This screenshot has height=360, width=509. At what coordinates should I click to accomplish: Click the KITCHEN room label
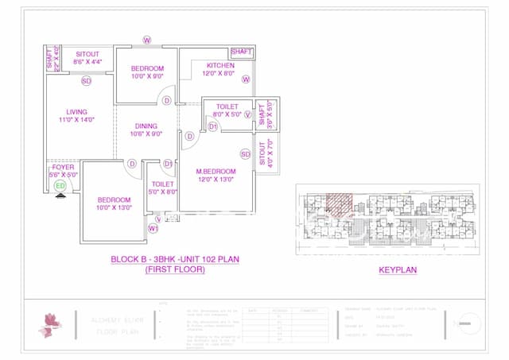coord(220,65)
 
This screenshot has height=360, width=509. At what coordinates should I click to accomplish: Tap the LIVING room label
coord(77,112)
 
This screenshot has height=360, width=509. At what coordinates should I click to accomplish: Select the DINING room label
coord(146,126)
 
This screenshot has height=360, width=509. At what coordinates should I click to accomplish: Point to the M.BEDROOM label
coord(216,172)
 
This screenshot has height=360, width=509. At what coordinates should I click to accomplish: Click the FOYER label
coord(64,168)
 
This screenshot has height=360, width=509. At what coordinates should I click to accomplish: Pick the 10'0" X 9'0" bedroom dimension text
coord(147,77)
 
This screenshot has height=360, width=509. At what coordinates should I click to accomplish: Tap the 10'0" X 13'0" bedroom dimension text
coord(115,208)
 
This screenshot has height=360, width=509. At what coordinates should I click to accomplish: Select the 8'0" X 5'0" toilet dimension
coord(227,114)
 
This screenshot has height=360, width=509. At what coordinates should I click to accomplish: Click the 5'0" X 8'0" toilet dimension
coord(161,192)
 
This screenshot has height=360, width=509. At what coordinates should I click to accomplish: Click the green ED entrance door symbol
coord(60,185)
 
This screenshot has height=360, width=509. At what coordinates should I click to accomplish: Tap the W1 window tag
coord(153,228)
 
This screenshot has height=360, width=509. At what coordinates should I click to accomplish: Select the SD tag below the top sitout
coord(86,81)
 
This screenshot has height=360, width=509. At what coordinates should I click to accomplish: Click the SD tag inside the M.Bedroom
coord(246,153)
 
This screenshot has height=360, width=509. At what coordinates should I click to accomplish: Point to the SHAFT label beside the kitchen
coord(242,52)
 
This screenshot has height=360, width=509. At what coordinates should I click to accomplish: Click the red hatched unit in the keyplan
coord(340,203)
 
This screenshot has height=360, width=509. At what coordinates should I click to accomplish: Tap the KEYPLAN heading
coord(398,270)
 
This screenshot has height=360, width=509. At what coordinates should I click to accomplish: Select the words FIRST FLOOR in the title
coord(174,270)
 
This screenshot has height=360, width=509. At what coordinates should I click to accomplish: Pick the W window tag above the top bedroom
coord(147,40)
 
